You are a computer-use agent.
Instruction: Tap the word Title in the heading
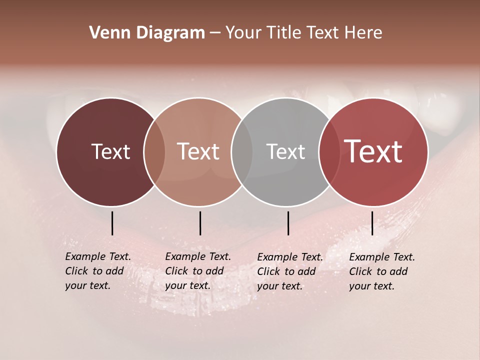283,33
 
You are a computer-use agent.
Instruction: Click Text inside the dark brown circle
110,151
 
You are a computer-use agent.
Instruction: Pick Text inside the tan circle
198,151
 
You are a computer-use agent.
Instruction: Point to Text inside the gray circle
285,151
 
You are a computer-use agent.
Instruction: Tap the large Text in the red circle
373,151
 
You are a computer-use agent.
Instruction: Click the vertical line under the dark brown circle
112,223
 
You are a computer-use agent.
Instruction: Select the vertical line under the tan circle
200,223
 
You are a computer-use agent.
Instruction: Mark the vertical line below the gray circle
288,223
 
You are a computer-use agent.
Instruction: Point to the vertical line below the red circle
372,223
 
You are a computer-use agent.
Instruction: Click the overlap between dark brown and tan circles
154,152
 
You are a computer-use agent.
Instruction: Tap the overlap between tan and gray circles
242,152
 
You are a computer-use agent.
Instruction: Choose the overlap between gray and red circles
329,152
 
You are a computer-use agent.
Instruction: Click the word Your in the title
243,33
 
